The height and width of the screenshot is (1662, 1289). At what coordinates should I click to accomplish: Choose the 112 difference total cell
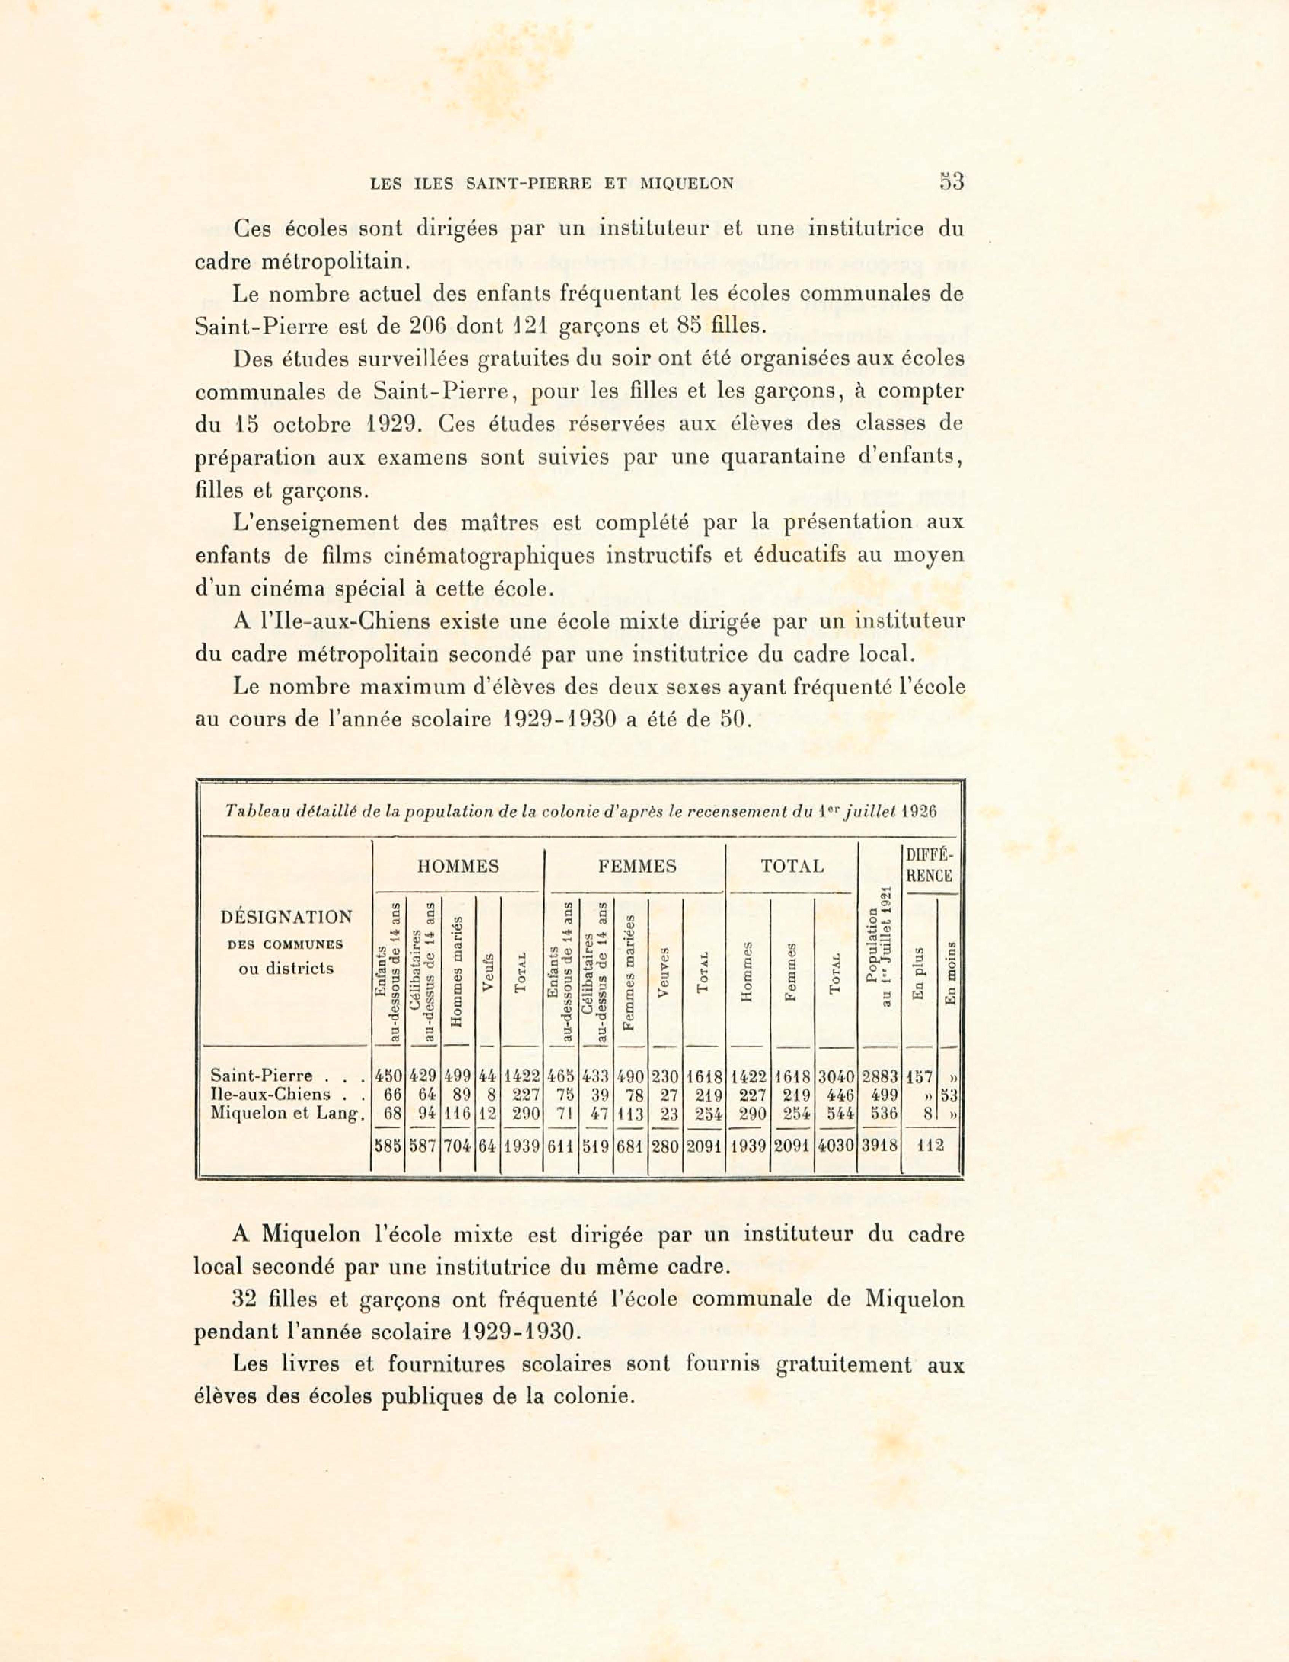[929, 1146]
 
